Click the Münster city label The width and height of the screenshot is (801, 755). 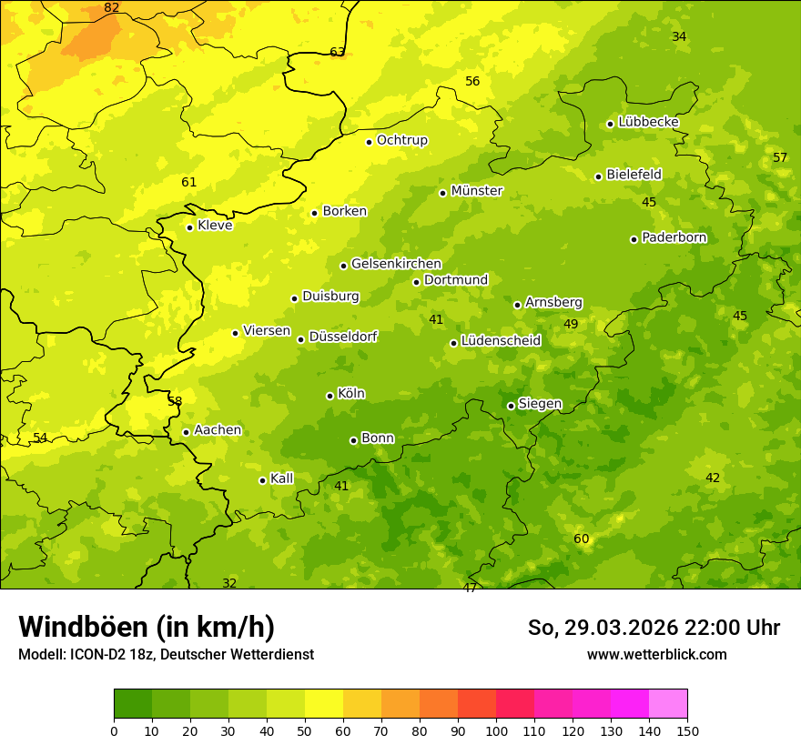point(476,191)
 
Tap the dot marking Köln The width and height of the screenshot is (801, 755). point(330,396)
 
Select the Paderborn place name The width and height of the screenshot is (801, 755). point(674,237)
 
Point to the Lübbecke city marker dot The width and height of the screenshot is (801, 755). point(610,124)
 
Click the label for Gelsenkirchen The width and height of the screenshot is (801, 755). point(396,264)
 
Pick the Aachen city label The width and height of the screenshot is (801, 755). point(218,430)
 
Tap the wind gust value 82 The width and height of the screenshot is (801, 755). point(111,7)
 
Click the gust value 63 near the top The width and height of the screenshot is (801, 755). point(337,52)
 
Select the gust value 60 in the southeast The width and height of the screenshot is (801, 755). point(581,539)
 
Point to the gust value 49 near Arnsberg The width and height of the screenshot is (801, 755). point(571,324)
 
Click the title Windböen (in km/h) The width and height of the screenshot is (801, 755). point(147,627)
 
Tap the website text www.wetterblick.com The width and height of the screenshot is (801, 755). point(656,654)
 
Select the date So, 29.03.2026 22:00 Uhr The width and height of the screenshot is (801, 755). point(654,628)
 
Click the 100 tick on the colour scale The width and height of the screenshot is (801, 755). point(496,730)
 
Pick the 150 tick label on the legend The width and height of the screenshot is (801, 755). point(687,730)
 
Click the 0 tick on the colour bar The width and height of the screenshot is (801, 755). point(114,730)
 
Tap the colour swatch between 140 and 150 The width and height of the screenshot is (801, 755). point(668,704)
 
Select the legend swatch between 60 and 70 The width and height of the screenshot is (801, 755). point(362,704)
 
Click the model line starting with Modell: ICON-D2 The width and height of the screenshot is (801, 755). point(166,654)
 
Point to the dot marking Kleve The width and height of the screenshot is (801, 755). point(189,227)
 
